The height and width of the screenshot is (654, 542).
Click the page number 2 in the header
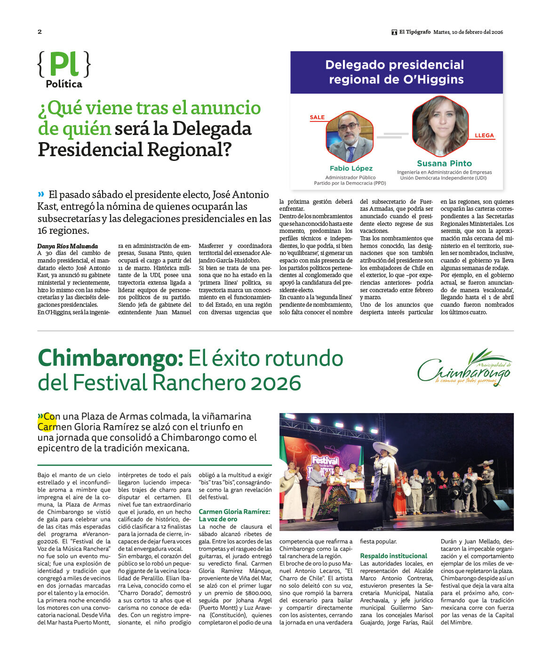pyautogui.click(x=40, y=32)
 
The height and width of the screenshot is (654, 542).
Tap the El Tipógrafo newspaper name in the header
pyautogui.click(x=414, y=32)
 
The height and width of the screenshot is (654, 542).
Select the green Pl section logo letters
pyautogui.click(x=64, y=64)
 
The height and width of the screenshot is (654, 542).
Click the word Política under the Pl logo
pyautogui.click(x=64, y=84)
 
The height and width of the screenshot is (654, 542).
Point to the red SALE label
pyautogui.click(x=317, y=117)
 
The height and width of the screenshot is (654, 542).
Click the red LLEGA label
pyautogui.click(x=484, y=136)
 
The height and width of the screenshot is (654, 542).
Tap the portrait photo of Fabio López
pyautogui.click(x=350, y=137)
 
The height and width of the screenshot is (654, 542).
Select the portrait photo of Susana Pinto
pyautogui.click(x=440, y=126)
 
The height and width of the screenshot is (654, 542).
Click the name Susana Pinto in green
pyautogui.click(x=444, y=163)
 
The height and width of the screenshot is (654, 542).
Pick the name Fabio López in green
pyautogui.click(x=351, y=168)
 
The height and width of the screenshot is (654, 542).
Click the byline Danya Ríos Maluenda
pyautogui.click(x=68, y=246)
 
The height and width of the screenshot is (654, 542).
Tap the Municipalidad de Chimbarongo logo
pyautogui.click(x=464, y=368)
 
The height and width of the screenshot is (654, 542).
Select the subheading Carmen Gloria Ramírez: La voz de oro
pyautogui.click(x=235, y=515)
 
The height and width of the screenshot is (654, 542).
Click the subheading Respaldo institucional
pyautogui.click(x=393, y=556)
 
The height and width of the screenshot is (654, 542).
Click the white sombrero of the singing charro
pyautogui.click(x=385, y=447)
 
